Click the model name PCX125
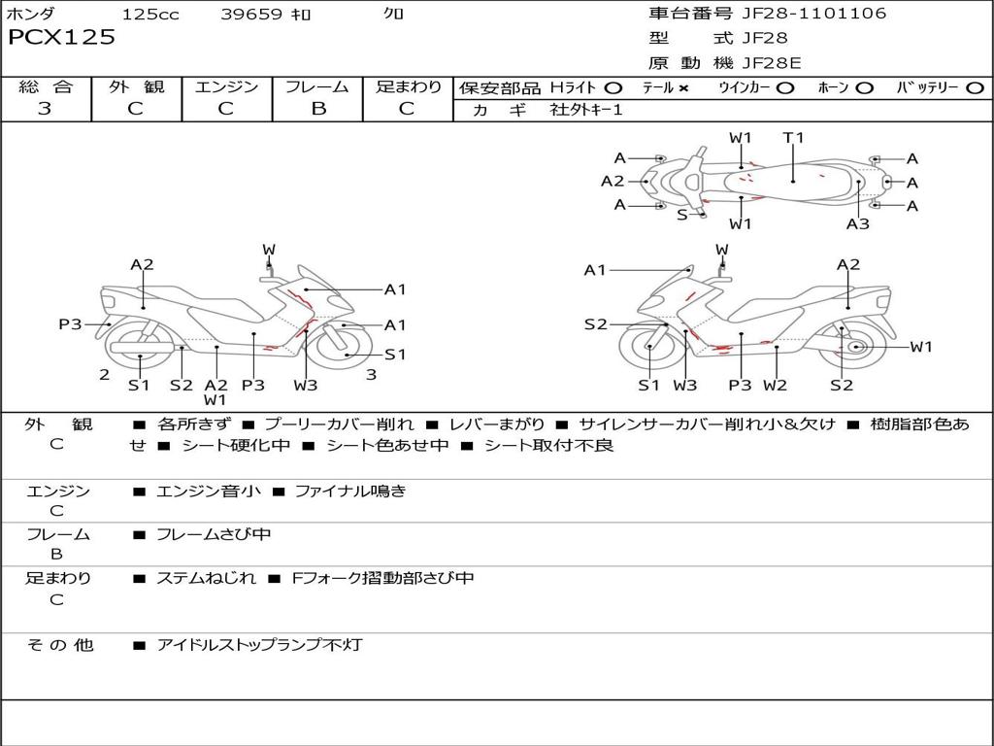[x=61, y=38]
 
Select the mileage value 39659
[x=250, y=15]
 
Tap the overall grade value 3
[x=45, y=109]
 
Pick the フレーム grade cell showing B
[x=317, y=109]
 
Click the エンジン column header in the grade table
[x=227, y=87]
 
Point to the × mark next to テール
[x=682, y=88]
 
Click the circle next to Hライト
[x=613, y=88]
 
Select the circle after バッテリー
[x=975, y=88]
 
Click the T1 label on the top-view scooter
[x=794, y=138]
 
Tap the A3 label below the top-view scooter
[x=857, y=224]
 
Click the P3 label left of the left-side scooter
[x=70, y=324]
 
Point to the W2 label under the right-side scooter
[x=775, y=386]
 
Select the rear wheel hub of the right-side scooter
[x=855, y=347]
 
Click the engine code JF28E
[x=772, y=63]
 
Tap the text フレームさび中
[x=214, y=534]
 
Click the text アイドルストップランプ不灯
[x=259, y=645]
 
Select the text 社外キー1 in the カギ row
[x=586, y=110]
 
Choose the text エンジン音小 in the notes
[x=209, y=492]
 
